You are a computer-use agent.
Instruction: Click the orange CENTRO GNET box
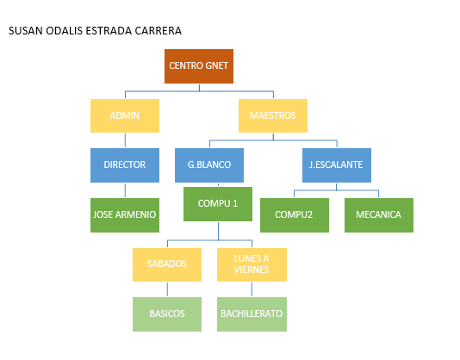pyautogui.click(x=199, y=66)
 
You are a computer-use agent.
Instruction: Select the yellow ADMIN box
pyautogui.click(x=125, y=116)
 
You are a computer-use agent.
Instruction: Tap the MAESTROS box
pyautogui.click(x=273, y=116)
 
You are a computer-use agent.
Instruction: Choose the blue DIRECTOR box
pyautogui.click(x=125, y=165)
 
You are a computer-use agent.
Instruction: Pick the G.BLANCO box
pyautogui.click(x=209, y=165)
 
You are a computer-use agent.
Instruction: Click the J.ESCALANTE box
pyautogui.click(x=337, y=165)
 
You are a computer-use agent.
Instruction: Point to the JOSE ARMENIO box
pyautogui.click(x=125, y=215)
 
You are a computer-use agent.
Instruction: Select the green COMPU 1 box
pyautogui.click(x=218, y=204)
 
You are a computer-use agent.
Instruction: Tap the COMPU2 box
pyautogui.click(x=295, y=215)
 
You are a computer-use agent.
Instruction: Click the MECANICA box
pyautogui.click(x=379, y=215)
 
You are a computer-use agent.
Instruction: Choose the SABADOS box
pyautogui.click(x=167, y=265)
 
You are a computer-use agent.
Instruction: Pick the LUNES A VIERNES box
pyautogui.click(x=252, y=265)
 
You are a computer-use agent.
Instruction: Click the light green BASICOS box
pyautogui.click(x=167, y=314)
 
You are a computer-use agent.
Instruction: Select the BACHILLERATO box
pyautogui.click(x=252, y=314)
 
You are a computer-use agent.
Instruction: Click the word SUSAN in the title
pyautogui.click(x=26, y=31)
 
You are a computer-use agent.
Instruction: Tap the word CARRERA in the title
pyautogui.click(x=159, y=31)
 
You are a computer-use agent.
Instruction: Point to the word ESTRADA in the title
pyautogui.click(x=109, y=31)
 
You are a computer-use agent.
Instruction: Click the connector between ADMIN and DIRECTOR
pyautogui.click(x=125, y=140)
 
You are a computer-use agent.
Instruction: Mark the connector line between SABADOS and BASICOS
pyautogui.click(x=167, y=289)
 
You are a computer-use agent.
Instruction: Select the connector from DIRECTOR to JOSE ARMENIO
pyautogui.click(x=125, y=190)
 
